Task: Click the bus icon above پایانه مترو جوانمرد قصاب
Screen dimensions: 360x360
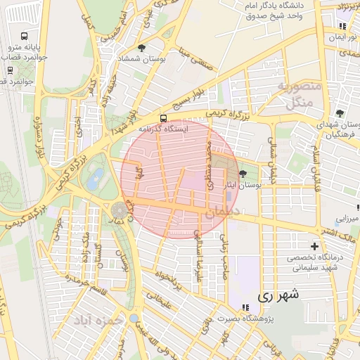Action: coord(25,36)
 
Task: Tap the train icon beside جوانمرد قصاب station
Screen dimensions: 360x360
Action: coord(10,70)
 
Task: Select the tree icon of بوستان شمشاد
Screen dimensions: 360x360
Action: coord(142,48)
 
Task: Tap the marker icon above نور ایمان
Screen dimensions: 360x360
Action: coord(342,27)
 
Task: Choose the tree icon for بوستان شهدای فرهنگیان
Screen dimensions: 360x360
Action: coord(340,113)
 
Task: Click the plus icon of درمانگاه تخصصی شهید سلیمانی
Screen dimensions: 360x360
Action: coord(314,246)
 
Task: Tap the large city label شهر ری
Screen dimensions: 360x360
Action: coord(278,295)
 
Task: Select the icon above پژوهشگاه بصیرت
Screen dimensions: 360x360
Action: coord(245,307)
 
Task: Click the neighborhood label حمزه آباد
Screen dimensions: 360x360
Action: coord(101,321)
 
